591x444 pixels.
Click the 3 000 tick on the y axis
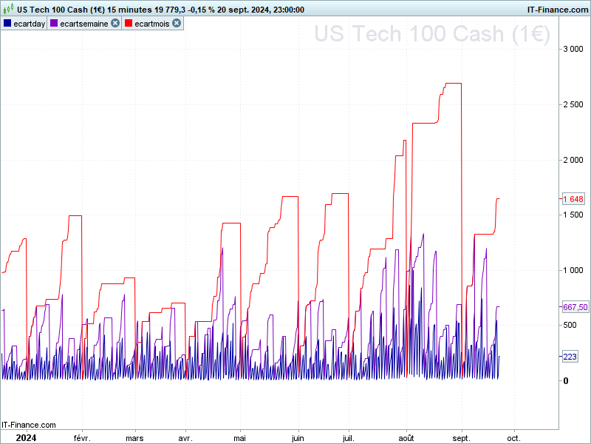(573, 49)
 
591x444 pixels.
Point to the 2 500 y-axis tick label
(573, 104)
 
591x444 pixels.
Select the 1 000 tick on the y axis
(573, 270)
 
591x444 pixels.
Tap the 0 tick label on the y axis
(566, 380)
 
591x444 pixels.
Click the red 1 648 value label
(573, 199)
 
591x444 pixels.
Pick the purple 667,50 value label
(575, 307)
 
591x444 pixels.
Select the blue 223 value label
(570, 357)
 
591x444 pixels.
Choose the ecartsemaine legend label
(83, 24)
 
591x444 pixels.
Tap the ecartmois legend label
(151, 24)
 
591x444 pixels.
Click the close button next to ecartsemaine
(115, 24)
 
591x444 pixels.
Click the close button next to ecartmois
(177, 24)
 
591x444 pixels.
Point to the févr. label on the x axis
(81, 437)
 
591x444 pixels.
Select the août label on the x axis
(407, 437)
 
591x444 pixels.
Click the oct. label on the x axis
(513, 437)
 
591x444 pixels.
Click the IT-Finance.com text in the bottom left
(29, 425)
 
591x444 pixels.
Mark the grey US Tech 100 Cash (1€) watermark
(431, 35)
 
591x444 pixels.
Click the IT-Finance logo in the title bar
(557, 10)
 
